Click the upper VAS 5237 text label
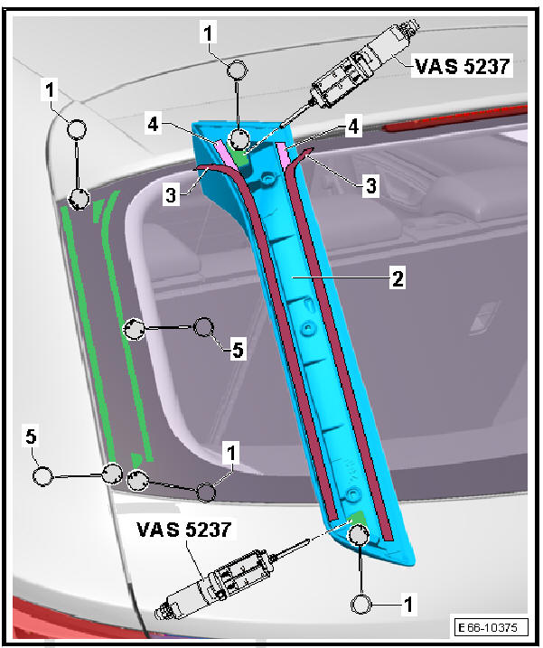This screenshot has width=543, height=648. tap(462, 65)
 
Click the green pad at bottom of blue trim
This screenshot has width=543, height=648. tap(359, 523)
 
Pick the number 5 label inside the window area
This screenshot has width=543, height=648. tap(238, 350)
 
